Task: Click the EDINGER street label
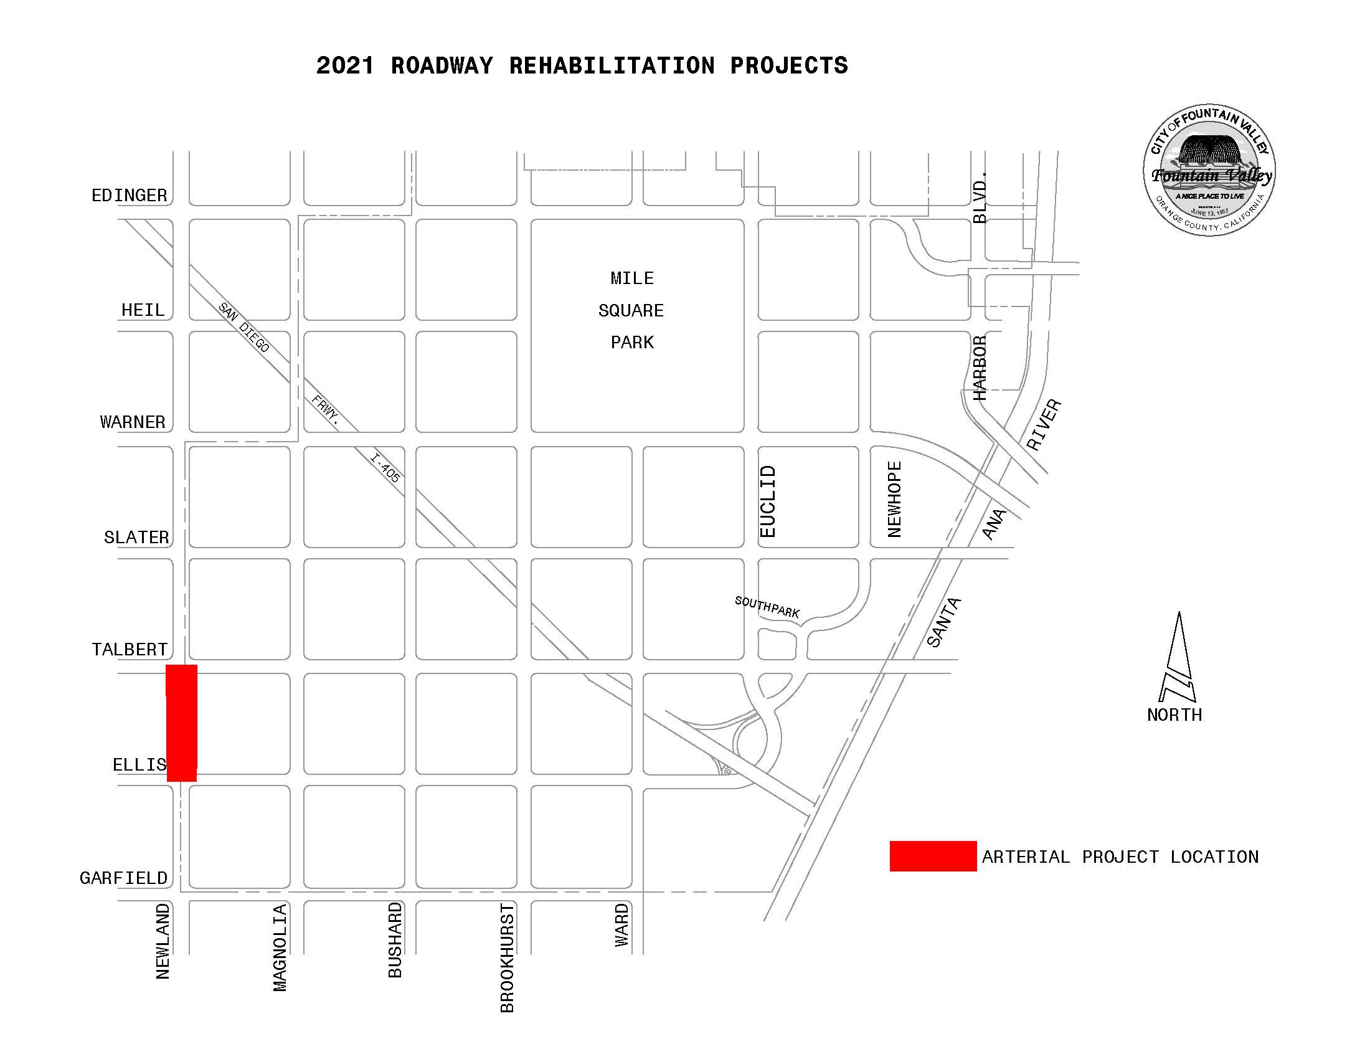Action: coord(130,196)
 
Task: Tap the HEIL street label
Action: coord(143,310)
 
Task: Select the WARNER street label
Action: coord(133,422)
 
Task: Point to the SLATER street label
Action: coord(136,537)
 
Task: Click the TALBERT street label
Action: coord(130,649)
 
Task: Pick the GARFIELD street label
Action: coord(123,878)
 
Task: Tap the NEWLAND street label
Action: coord(163,941)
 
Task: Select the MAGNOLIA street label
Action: coord(280,947)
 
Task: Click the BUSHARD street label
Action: coord(395,940)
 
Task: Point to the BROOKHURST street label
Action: coord(507,958)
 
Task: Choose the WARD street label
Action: coord(621,924)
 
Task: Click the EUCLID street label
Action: coord(768,501)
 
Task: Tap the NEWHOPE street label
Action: coord(894,500)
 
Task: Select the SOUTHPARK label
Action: coord(767,607)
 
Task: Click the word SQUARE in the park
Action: coord(631,311)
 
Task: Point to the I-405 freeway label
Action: coord(385,468)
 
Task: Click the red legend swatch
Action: coord(933,857)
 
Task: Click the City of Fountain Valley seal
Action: coord(1208,170)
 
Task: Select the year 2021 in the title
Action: coord(344,66)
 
